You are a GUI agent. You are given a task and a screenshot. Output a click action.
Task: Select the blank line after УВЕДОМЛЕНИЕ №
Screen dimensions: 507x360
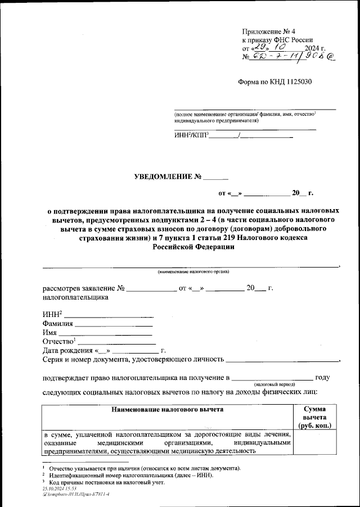tap(216, 179)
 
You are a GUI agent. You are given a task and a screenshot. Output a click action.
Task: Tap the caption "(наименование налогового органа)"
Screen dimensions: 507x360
tap(193, 272)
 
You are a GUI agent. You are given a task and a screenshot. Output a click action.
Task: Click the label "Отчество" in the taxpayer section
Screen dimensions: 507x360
tap(58, 342)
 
